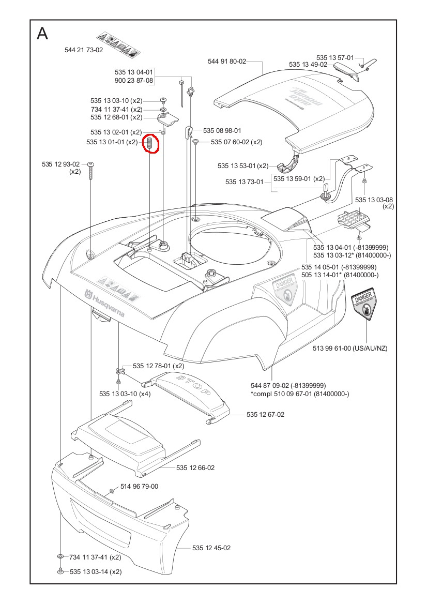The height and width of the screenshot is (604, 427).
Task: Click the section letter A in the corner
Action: coord(43,34)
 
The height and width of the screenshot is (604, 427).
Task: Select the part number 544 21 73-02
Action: coord(84,50)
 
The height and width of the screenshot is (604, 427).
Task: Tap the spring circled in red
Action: coord(149,143)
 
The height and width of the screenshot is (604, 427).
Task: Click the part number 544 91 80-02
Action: coord(227,61)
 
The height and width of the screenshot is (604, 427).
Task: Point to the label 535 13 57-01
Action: coord(335,57)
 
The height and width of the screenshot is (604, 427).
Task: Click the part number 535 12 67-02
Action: coord(265,414)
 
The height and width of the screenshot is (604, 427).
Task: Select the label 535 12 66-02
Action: coord(195,467)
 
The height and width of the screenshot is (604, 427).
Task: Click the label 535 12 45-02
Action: coord(211,548)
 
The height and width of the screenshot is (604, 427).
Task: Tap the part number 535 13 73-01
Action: coord(245,182)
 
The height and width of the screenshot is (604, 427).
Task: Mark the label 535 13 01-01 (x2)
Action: coord(112,142)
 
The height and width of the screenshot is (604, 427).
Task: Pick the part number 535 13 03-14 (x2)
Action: coord(95,571)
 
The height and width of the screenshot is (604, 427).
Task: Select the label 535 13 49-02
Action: coord(308,65)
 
